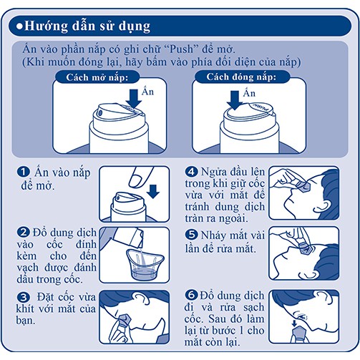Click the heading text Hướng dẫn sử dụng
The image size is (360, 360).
click(87, 26)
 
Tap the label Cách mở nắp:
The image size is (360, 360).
click(97, 77)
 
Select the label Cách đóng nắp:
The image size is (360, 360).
click(241, 77)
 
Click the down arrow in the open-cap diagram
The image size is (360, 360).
click(134, 99)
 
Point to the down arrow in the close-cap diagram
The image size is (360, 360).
click(235, 100)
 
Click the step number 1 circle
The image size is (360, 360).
click(24, 172)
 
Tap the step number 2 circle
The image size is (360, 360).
click(24, 233)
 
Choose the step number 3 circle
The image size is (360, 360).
click(24, 297)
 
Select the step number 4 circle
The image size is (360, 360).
click(191, 172)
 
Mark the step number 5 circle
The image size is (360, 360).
click(191, 235)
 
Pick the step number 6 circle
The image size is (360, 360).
click(191, 295)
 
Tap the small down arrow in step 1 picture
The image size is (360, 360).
click(153, 192)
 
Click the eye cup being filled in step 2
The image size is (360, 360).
click(145, 264)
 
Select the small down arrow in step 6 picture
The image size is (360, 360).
click(294, 323)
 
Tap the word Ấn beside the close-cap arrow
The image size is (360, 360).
click(249, 92)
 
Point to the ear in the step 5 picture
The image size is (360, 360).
click(310, 274)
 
